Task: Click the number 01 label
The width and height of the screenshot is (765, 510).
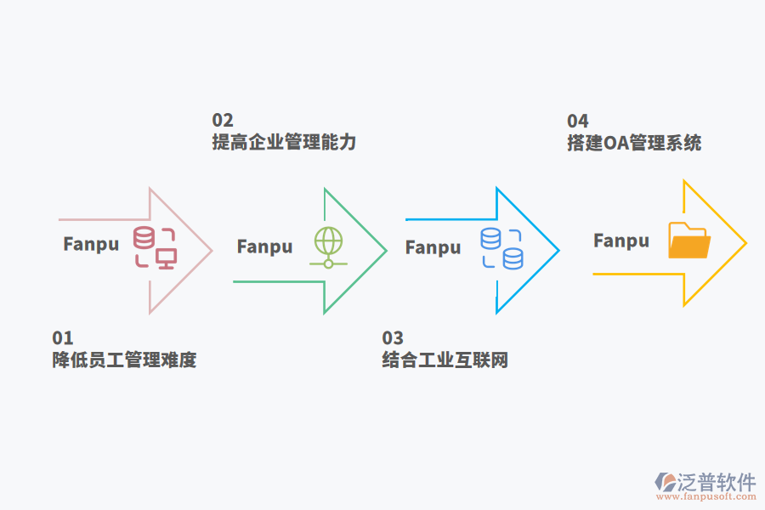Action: tap(63, 338)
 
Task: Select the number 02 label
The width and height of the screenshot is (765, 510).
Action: tap(222, 121)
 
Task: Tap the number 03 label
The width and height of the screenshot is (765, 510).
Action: tap(393, 338)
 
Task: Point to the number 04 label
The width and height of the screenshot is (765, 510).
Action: tap(577, 121)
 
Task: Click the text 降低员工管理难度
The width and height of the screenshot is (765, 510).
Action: tap(124, 360)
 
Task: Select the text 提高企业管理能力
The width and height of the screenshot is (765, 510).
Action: tap(284, 142)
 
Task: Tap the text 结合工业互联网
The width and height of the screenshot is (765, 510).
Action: tap(445, 360)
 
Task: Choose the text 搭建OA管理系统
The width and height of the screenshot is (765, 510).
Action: tap(634, 142)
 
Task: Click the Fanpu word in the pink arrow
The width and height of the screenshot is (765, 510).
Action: tap(91, 244)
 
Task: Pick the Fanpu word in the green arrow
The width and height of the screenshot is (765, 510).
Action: tap(264, 246)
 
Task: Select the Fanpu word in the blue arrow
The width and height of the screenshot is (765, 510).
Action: tap(433, 247)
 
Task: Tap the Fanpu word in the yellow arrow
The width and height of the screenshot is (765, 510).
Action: tap(620, 241)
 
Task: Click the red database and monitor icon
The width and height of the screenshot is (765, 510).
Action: tap(155, 247)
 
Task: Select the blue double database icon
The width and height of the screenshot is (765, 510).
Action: tap(501, 248)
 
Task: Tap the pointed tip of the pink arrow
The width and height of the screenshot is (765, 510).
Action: tap(211, 250)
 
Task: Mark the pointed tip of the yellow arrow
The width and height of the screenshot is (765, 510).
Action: tap(745, 244)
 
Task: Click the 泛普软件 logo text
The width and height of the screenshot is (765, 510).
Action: tap(716, 482)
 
